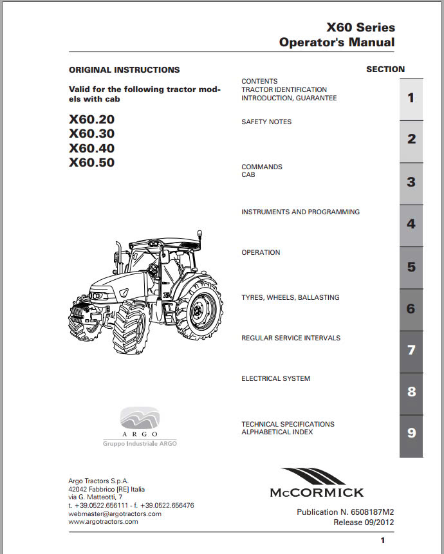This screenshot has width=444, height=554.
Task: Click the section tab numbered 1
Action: coord(411,98)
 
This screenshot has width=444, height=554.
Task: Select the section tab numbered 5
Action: coord(411,267)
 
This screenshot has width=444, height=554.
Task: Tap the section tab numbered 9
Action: coord(411,433)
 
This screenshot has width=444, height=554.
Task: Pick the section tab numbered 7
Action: coord(411,351)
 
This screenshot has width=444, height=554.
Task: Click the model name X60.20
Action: coord(91,120)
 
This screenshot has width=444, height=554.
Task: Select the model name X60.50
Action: coord(91,163)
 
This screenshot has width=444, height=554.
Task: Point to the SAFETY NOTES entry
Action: coord(266,122)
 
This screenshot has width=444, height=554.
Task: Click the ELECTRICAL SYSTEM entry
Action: coord(275,378)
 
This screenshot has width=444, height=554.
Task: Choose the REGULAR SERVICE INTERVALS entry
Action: coord(291,338)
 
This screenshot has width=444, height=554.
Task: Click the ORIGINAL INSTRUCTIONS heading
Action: coord(124,69)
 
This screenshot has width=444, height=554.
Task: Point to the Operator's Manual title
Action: coord(337,42)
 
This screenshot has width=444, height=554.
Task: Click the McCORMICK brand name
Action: coord(316,492)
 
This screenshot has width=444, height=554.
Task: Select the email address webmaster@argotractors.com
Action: coord(115,513)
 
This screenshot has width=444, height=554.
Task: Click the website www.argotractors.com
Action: coord(103,521)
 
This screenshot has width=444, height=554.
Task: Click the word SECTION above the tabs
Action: coord(385,69)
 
